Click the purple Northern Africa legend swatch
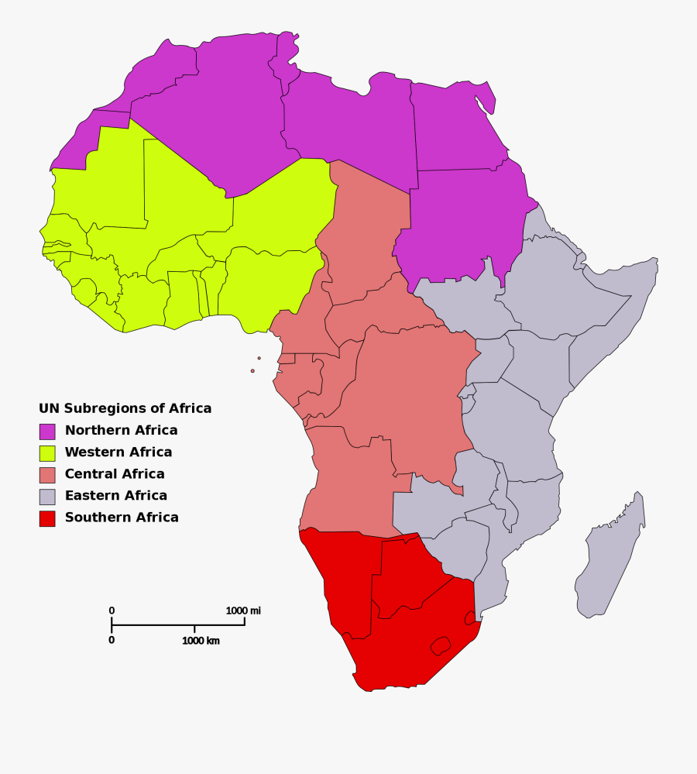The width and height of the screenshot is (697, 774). [47, 431]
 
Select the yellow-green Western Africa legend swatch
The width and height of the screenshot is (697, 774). [47, 452]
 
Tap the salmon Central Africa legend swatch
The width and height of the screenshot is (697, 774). [47, 474]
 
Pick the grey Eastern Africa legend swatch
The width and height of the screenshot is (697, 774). [47, 496]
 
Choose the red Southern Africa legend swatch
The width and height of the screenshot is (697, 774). [47, 518]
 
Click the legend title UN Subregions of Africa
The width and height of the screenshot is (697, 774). [125, 408]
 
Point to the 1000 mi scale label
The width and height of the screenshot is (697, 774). [243, 611]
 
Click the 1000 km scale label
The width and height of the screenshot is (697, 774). [201, 641]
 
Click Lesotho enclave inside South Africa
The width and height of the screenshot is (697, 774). [441, 645]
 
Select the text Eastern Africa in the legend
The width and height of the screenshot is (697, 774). [116, 496]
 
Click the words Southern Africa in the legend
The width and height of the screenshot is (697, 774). [122, 518]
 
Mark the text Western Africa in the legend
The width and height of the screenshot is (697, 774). [118, 452]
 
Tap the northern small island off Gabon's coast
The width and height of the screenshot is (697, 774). [259, 358]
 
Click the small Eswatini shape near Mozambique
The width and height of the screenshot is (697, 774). [470, 617]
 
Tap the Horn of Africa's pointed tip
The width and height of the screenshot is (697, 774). [655, 260]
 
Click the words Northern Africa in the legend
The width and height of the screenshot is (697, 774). [121, 431]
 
